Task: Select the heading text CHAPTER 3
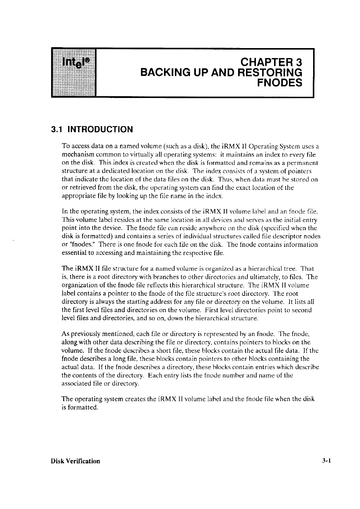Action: (x=271, y=63)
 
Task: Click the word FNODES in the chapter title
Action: (x=280, y=83)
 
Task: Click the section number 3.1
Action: (x=57, y=129)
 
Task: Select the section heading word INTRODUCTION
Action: (x=100, y=129)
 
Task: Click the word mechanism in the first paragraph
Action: (x=76, y=155)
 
